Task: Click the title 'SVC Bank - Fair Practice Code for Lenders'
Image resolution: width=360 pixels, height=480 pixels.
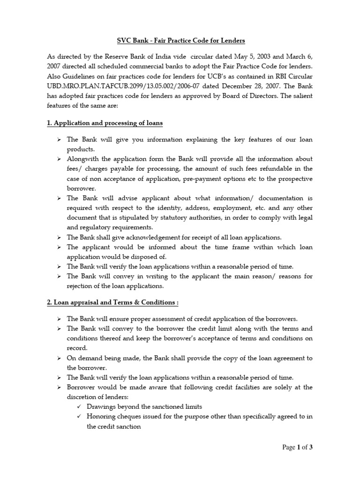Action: pos(180,40)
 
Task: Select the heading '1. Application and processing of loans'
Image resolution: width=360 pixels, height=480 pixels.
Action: pos(105,123)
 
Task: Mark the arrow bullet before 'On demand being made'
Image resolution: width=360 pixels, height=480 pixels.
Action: pos(59,359)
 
